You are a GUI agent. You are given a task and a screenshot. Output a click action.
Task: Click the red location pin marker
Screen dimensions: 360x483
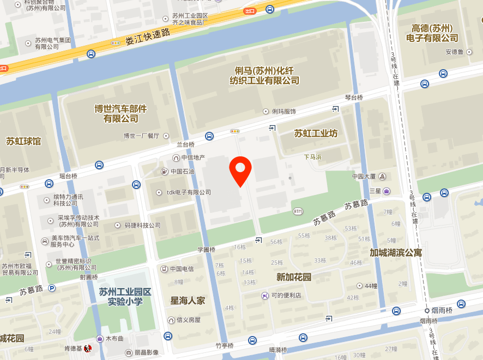240,170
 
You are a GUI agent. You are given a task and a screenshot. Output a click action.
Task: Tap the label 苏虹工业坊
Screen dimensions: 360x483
316,133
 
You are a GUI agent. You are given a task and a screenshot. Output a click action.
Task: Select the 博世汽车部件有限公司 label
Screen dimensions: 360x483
120,113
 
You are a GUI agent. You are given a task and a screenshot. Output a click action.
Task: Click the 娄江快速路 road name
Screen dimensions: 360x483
148,36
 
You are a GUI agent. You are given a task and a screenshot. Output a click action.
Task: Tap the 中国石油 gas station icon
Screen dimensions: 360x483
164,172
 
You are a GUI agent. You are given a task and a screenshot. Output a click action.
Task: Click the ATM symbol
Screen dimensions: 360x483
298,211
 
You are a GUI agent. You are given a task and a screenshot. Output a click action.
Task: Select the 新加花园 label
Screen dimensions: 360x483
294,277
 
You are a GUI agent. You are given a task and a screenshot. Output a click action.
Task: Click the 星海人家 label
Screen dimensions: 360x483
188,300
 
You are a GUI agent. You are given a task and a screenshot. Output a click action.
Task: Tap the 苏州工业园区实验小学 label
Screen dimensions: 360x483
125,296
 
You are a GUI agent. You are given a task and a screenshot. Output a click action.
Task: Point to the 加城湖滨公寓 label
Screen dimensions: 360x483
396,253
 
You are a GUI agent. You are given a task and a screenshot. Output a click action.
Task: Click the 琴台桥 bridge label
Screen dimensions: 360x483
354,97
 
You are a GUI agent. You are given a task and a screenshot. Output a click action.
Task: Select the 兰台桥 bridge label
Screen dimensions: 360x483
185,144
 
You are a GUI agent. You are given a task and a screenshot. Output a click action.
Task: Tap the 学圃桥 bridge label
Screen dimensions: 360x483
206,249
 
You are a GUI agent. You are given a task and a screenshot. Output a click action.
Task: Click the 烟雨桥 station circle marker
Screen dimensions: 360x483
428,310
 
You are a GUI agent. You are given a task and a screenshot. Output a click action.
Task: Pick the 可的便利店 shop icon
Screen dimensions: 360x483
264,296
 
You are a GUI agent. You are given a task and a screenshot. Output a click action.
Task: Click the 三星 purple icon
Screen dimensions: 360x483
387,191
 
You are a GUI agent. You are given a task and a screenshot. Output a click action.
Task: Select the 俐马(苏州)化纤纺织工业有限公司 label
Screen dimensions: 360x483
267,76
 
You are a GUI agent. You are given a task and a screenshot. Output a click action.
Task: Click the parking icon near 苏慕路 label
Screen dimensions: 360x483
52,288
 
